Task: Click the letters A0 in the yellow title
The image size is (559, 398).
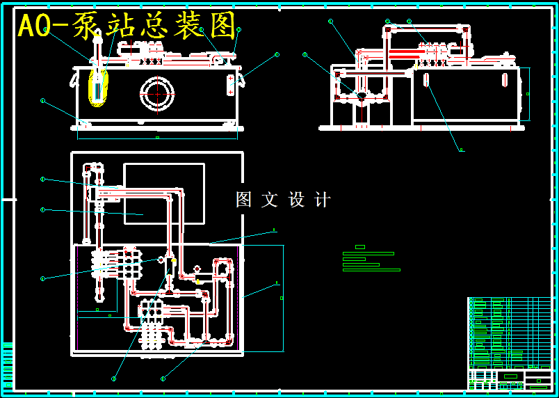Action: point(34,26)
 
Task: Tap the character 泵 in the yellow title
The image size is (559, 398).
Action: point(86,26)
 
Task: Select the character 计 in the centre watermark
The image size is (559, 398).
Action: point(323,200)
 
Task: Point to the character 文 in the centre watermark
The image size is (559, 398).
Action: point(270,200)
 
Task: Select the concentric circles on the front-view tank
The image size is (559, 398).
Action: point(157,94)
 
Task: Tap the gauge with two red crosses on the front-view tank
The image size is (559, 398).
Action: point(231,85)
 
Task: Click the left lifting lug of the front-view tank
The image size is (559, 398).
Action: point(72,79)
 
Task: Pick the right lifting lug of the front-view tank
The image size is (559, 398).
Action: point(242,79)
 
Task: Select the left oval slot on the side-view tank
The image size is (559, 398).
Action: point(427,79)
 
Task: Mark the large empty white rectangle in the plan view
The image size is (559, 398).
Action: point(164,193)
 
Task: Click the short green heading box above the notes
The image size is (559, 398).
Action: point(360,247)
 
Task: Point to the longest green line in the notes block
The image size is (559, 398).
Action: point(372,270)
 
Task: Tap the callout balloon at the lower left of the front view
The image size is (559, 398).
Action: point(43,101)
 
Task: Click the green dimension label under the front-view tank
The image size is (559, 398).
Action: point(157,138)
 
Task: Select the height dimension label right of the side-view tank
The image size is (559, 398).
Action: point(528,93)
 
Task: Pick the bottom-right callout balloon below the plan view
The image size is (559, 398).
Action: point(163,379)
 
